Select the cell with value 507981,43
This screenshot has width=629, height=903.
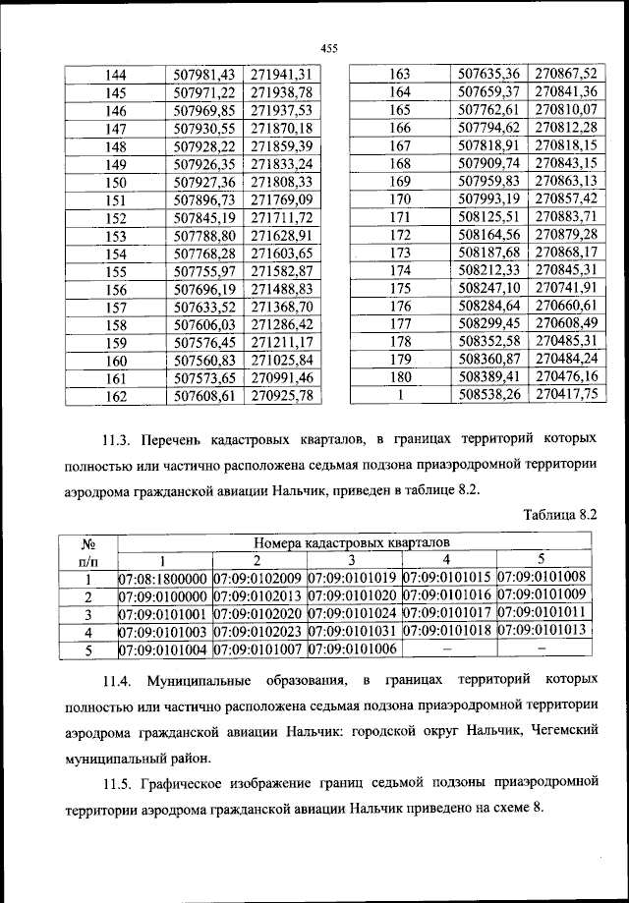coord(205,74)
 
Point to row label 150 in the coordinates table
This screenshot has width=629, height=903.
coord(116,182)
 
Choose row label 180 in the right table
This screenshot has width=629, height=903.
coord(399,375)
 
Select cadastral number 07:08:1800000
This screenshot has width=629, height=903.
coord(163,578)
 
